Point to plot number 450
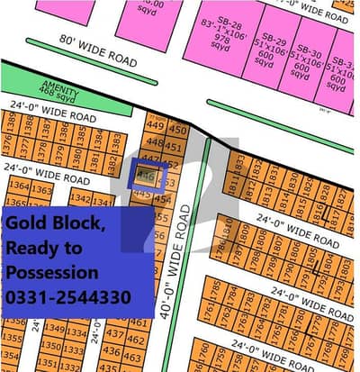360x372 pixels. coord(176,129)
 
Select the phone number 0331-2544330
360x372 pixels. coord(68,297)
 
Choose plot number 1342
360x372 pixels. coord(80,198)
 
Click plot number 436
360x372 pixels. coord(114,352)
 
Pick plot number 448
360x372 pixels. coord(154,141)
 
